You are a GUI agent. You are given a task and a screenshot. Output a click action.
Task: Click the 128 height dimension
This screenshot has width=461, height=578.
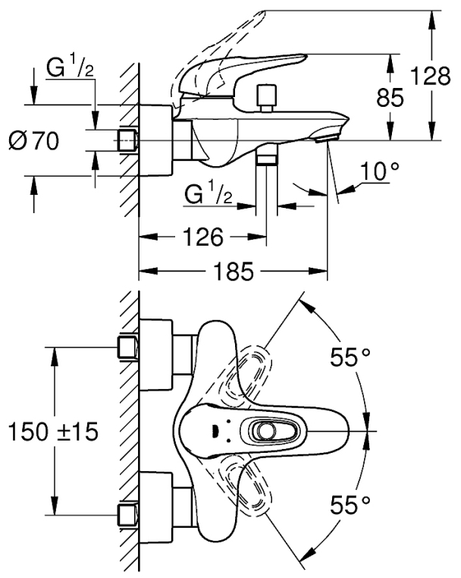tap(430, 77)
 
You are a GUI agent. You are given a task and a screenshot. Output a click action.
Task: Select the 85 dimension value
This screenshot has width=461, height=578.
tap(390, 98)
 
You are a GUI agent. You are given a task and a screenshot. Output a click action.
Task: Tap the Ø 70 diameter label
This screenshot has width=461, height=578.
tap(34, 141)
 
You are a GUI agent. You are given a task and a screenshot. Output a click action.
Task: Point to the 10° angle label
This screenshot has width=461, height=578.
tap(380, 171)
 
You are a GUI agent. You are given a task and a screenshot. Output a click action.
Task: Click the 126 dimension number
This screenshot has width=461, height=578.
tap(203, 237)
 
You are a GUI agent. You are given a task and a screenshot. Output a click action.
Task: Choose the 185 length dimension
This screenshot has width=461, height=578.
tap(234, 272)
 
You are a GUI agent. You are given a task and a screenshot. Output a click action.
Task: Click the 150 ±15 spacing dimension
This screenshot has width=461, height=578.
tap(53, 432)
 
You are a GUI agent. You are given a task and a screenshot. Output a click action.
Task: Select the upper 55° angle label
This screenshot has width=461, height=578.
tap(350, 357)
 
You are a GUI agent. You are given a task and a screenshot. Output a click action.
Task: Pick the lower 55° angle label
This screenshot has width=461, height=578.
tap(350, 504)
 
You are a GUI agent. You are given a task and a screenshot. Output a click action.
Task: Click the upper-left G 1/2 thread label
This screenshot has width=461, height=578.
tap(70, 68)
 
